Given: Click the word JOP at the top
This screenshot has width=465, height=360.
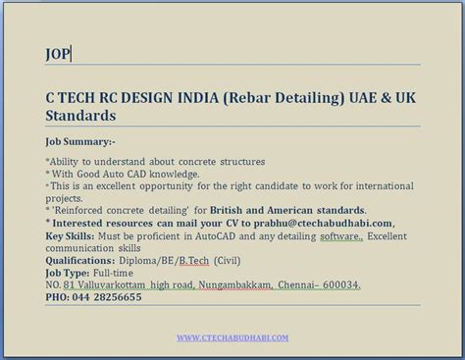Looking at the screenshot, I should (57, 54).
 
